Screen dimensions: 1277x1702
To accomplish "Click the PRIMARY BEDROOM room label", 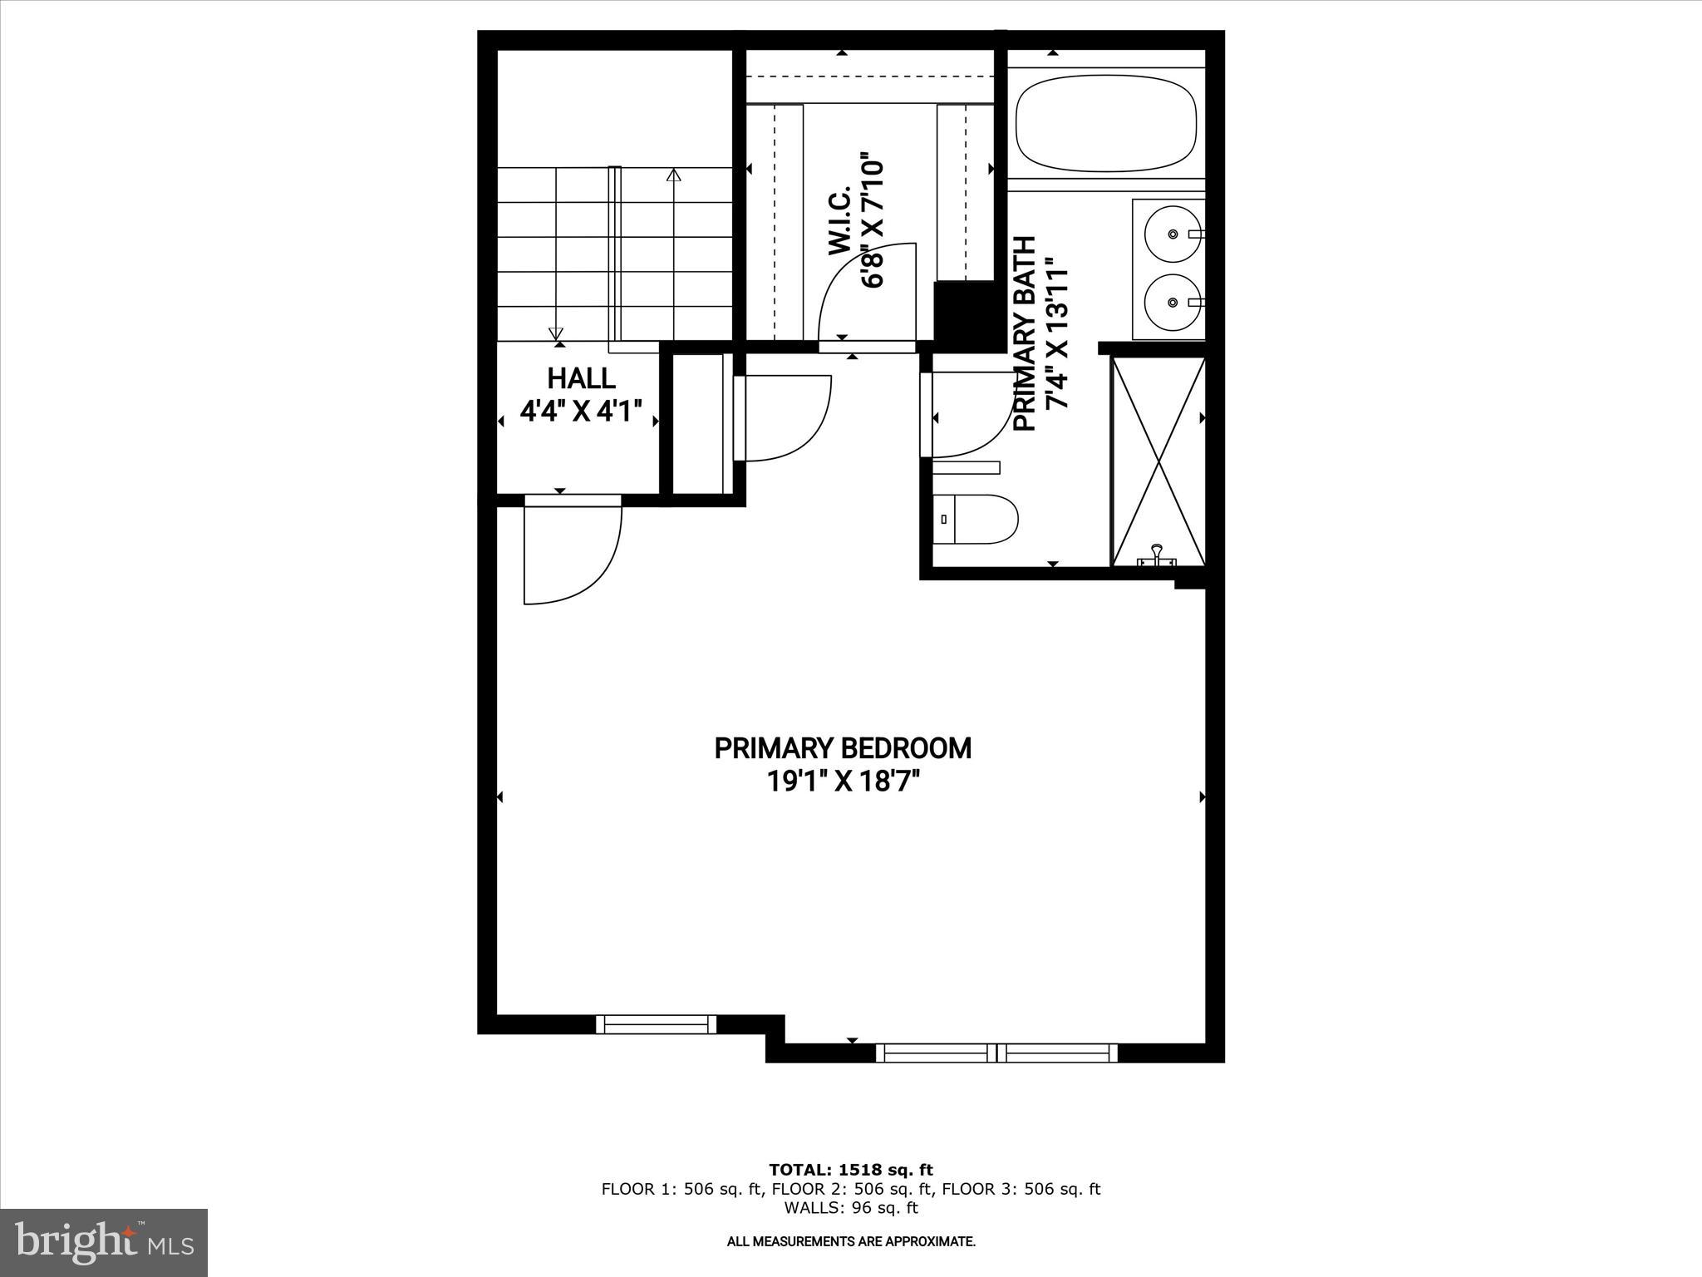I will coord(843,748).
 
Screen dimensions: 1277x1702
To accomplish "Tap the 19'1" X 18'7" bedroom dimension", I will coord(843,782).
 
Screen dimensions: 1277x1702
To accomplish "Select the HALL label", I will coord(581,378).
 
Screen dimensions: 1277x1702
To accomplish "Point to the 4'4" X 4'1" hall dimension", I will coord(581,411).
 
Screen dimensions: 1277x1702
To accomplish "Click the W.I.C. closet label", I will coord(840,220).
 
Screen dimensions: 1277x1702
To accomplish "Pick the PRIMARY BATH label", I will coord(1026,333).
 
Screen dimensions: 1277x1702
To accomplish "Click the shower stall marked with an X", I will coord(1158,461).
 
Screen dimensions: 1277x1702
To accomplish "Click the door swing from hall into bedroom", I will coord(572,553).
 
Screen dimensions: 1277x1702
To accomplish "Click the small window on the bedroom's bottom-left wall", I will coord(656,1024).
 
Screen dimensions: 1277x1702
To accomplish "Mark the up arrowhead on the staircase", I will coord(673,175).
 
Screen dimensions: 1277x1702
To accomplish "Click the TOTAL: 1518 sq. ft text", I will coord(850,1171).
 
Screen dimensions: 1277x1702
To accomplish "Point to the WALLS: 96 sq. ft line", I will coord(850,1209).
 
